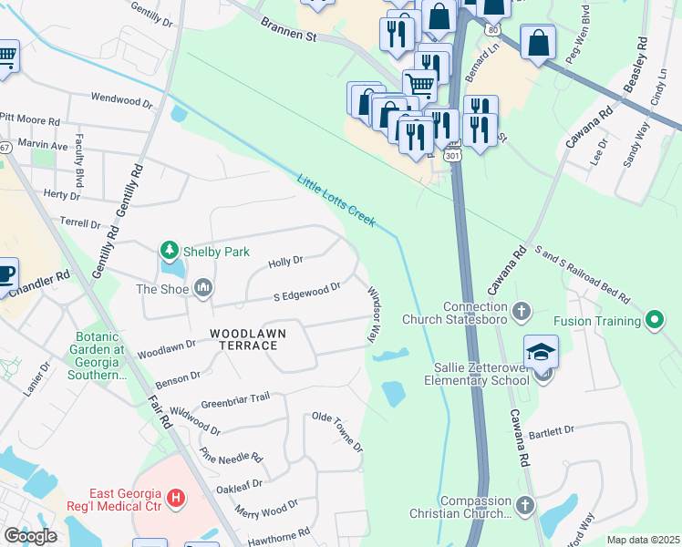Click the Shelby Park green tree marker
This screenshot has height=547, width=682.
[169, 250]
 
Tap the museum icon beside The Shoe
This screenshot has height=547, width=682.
[202, 289]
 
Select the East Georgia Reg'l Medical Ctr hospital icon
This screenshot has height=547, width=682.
[177, 500]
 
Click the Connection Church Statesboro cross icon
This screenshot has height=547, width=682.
[521, 312]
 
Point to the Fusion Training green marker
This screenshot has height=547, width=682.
[654, 321]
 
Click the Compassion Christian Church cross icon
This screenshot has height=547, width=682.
[524, 505]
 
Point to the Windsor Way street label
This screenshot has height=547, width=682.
[374, 315]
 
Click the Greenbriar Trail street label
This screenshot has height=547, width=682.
[235, 398]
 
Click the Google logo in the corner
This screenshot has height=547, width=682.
[30, 536]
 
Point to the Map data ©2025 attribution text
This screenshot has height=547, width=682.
[642, 540]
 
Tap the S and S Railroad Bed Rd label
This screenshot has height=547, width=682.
[583, 273]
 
